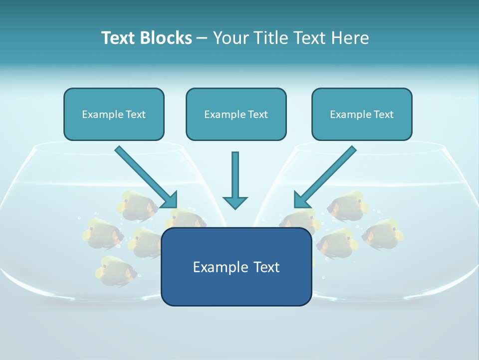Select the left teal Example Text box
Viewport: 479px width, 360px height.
click(x=114, y=114)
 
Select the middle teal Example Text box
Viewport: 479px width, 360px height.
click(x=236, y=114)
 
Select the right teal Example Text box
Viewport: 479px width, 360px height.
click(x=362, y=114)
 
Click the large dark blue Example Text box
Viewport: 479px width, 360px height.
click(x=236, y=266)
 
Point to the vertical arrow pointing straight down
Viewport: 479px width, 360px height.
click(x=235, y=177)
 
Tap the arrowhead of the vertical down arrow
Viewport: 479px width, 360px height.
click(x=235, y=202)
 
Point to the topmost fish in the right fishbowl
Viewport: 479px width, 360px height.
click(x=348, y=205)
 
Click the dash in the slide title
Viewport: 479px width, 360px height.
click(x=202, y=38)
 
